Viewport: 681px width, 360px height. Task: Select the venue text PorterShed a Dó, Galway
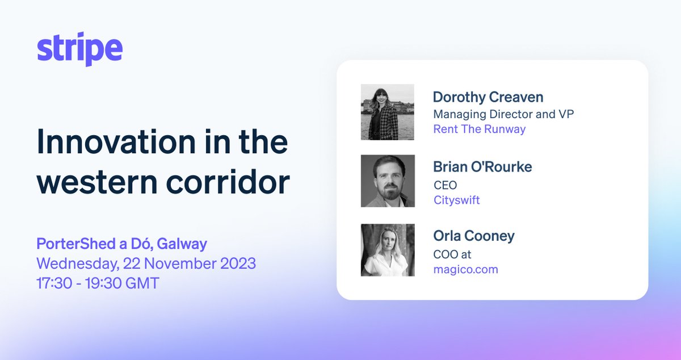click(121, 245)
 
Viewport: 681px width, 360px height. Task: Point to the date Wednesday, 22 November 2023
click(146, 263)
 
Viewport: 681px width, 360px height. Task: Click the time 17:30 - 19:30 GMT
click(98, 282)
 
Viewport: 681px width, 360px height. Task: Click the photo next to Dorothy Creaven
click(387, 112)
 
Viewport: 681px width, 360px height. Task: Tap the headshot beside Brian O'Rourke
click(387, 181)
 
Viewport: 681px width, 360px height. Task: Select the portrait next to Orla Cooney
click(387, 250)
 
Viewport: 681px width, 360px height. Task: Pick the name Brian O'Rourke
click(482, 167)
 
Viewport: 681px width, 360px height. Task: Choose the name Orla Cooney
click(473, 236)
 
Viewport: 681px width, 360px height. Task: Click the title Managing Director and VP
click(503, 114)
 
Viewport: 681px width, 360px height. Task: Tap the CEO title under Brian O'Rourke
click(445, 185)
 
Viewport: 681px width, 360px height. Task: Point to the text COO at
click(452, 254)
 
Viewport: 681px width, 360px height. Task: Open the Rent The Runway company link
click(479, 129)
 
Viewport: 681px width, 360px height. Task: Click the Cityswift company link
click(456, 200)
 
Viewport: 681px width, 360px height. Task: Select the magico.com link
click(465, 269)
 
